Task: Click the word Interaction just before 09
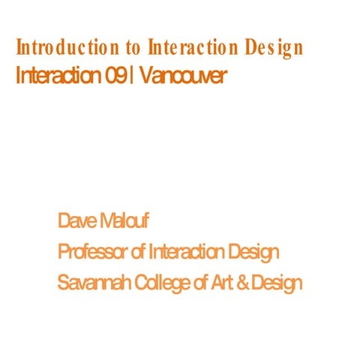(58, 76)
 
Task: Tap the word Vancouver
(181, 76)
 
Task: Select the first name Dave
(77, 221)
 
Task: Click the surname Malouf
(126, 221)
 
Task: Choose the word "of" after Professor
(139, 252)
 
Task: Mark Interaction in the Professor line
(187, 252)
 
